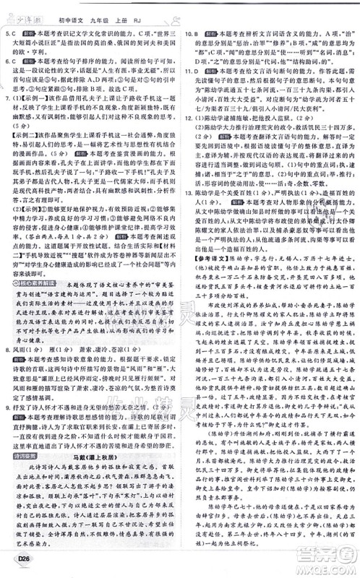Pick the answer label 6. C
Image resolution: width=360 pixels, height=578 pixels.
(12, 62)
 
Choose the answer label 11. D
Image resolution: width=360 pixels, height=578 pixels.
(192, 72)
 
